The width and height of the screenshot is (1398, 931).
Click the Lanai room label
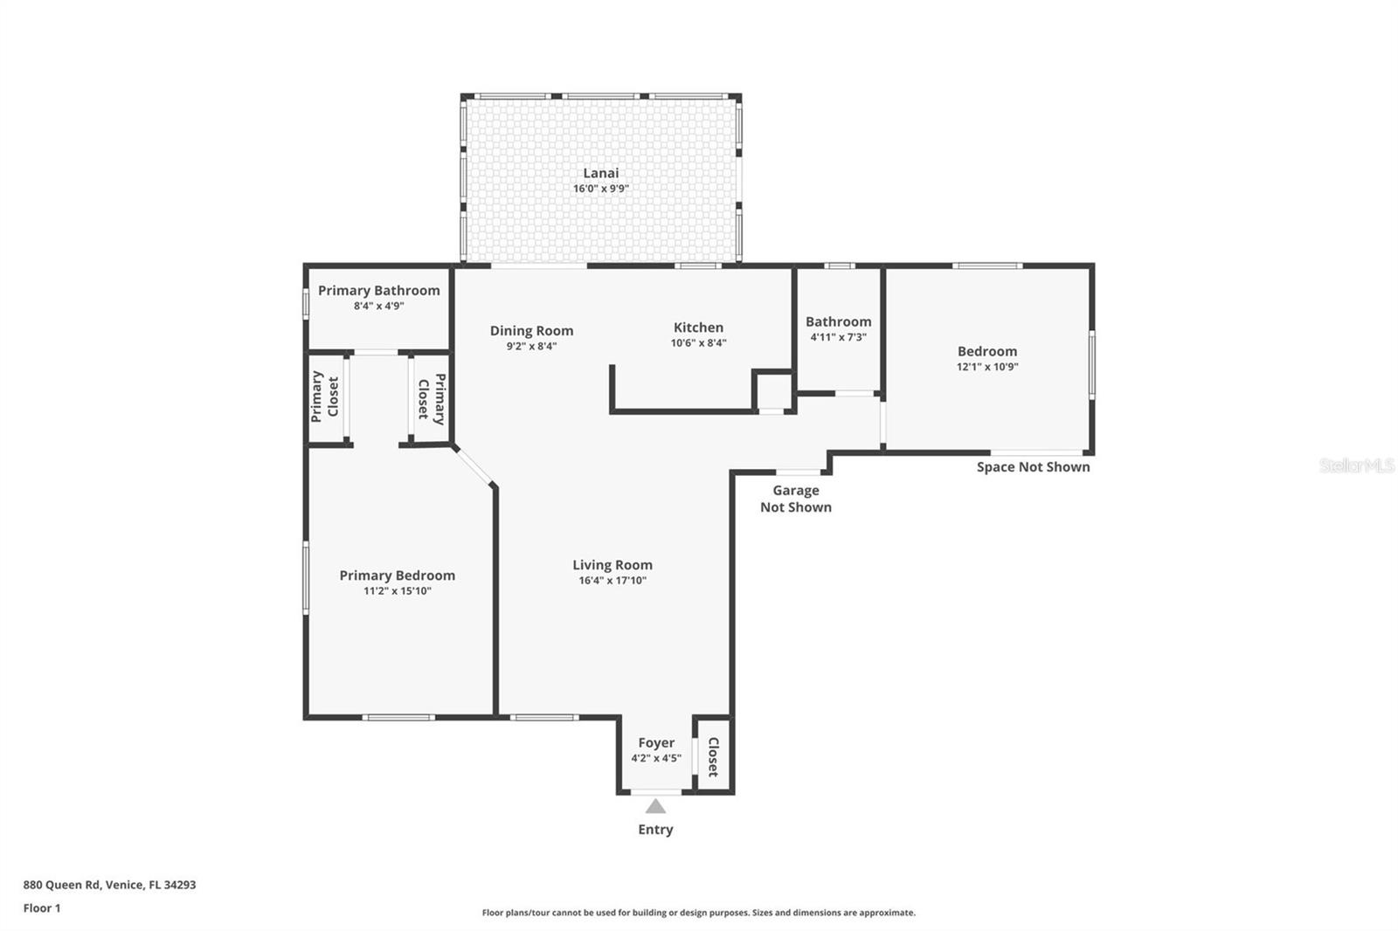coord(600,173)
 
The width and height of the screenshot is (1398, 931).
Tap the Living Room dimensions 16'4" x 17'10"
coord(612,581)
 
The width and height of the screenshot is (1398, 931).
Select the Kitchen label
coord(698,328)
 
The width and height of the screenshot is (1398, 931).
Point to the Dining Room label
coord(531,330)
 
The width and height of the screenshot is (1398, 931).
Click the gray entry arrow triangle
coord(655,806)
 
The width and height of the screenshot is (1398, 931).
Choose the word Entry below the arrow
coord(655,830)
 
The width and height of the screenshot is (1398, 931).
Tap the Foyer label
coord(655,742)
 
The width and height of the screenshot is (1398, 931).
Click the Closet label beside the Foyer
coord(713,757)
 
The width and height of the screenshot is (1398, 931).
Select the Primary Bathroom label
coord(378,290)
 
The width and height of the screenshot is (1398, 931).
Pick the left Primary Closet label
coord(324,395)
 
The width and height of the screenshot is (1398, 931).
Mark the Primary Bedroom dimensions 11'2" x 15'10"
coord(398,591)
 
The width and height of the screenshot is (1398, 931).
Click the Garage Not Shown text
coord(795,499)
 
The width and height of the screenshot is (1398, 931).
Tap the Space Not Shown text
coord(1033,467)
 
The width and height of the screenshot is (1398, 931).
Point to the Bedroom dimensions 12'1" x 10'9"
coord(987,367)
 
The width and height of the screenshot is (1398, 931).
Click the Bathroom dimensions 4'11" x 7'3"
coord(838,337)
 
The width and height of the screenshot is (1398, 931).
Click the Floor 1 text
coord(42,908)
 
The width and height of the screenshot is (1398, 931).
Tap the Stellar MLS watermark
coord(1356,465)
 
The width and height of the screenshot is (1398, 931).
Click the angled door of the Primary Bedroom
coord(474,465)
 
